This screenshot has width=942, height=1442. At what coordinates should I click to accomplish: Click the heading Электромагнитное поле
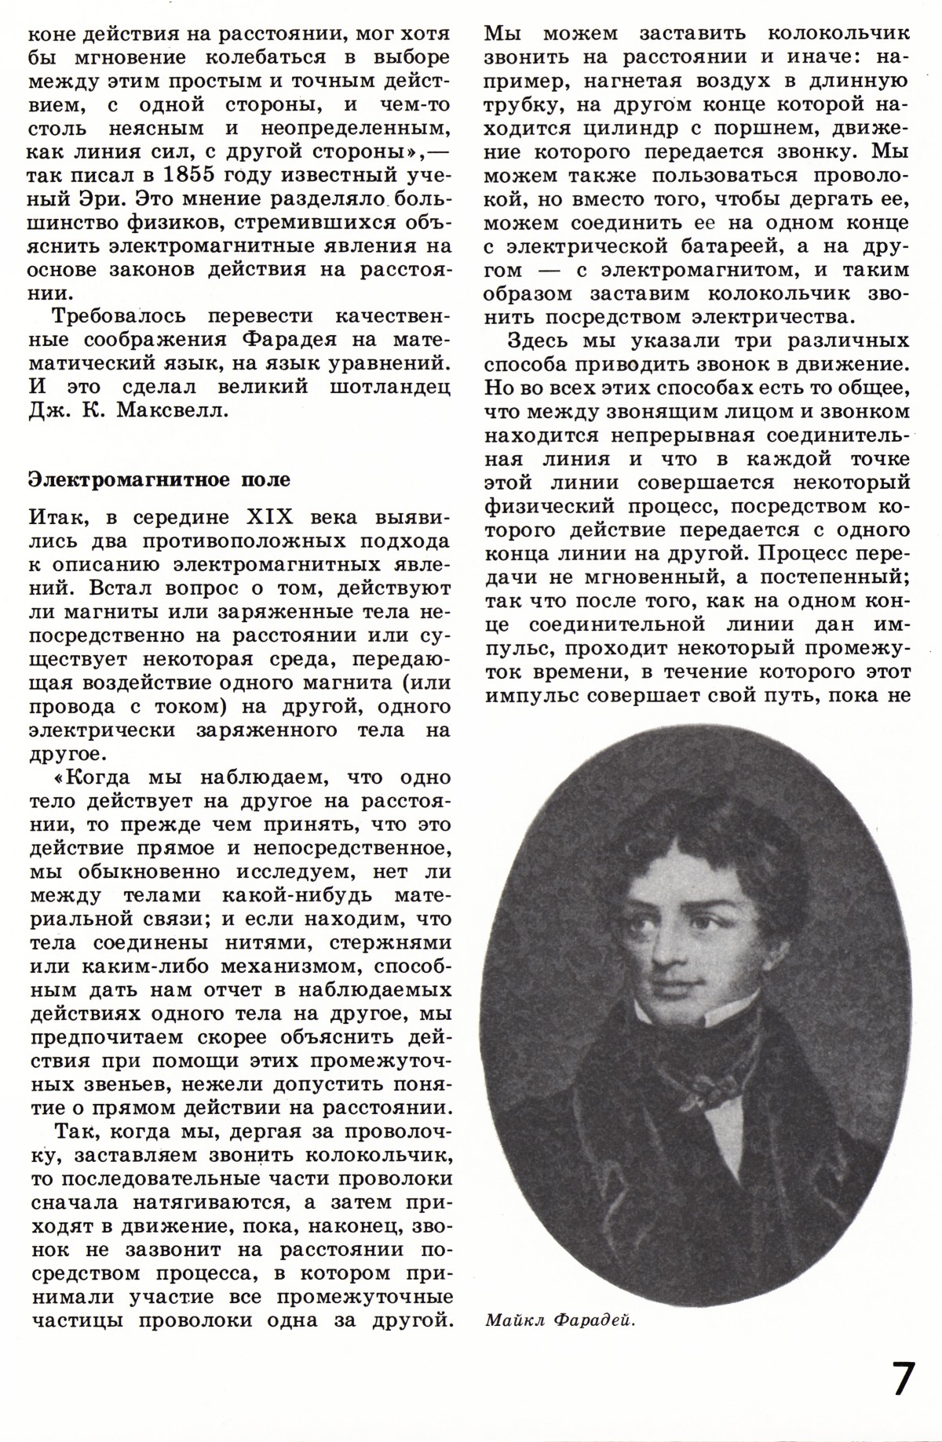click(159, 479)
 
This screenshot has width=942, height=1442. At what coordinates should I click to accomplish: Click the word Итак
click(57, 519)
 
